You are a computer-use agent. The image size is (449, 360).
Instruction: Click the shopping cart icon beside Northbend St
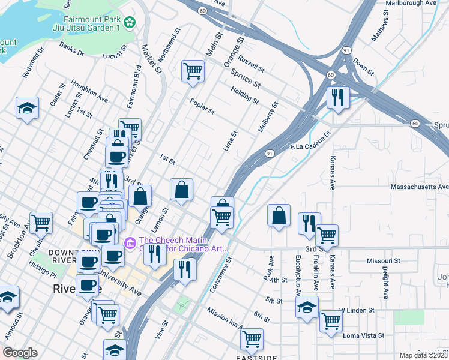click(x=193, y=71)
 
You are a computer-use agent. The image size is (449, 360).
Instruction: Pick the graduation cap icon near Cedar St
click(x=27, y=108)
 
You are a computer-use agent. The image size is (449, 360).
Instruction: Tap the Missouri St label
click(x=383, y=261)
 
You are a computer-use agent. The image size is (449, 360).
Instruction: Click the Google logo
click(x=20, y=353)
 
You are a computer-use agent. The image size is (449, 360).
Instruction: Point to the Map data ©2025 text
click(x=423, y=355)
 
